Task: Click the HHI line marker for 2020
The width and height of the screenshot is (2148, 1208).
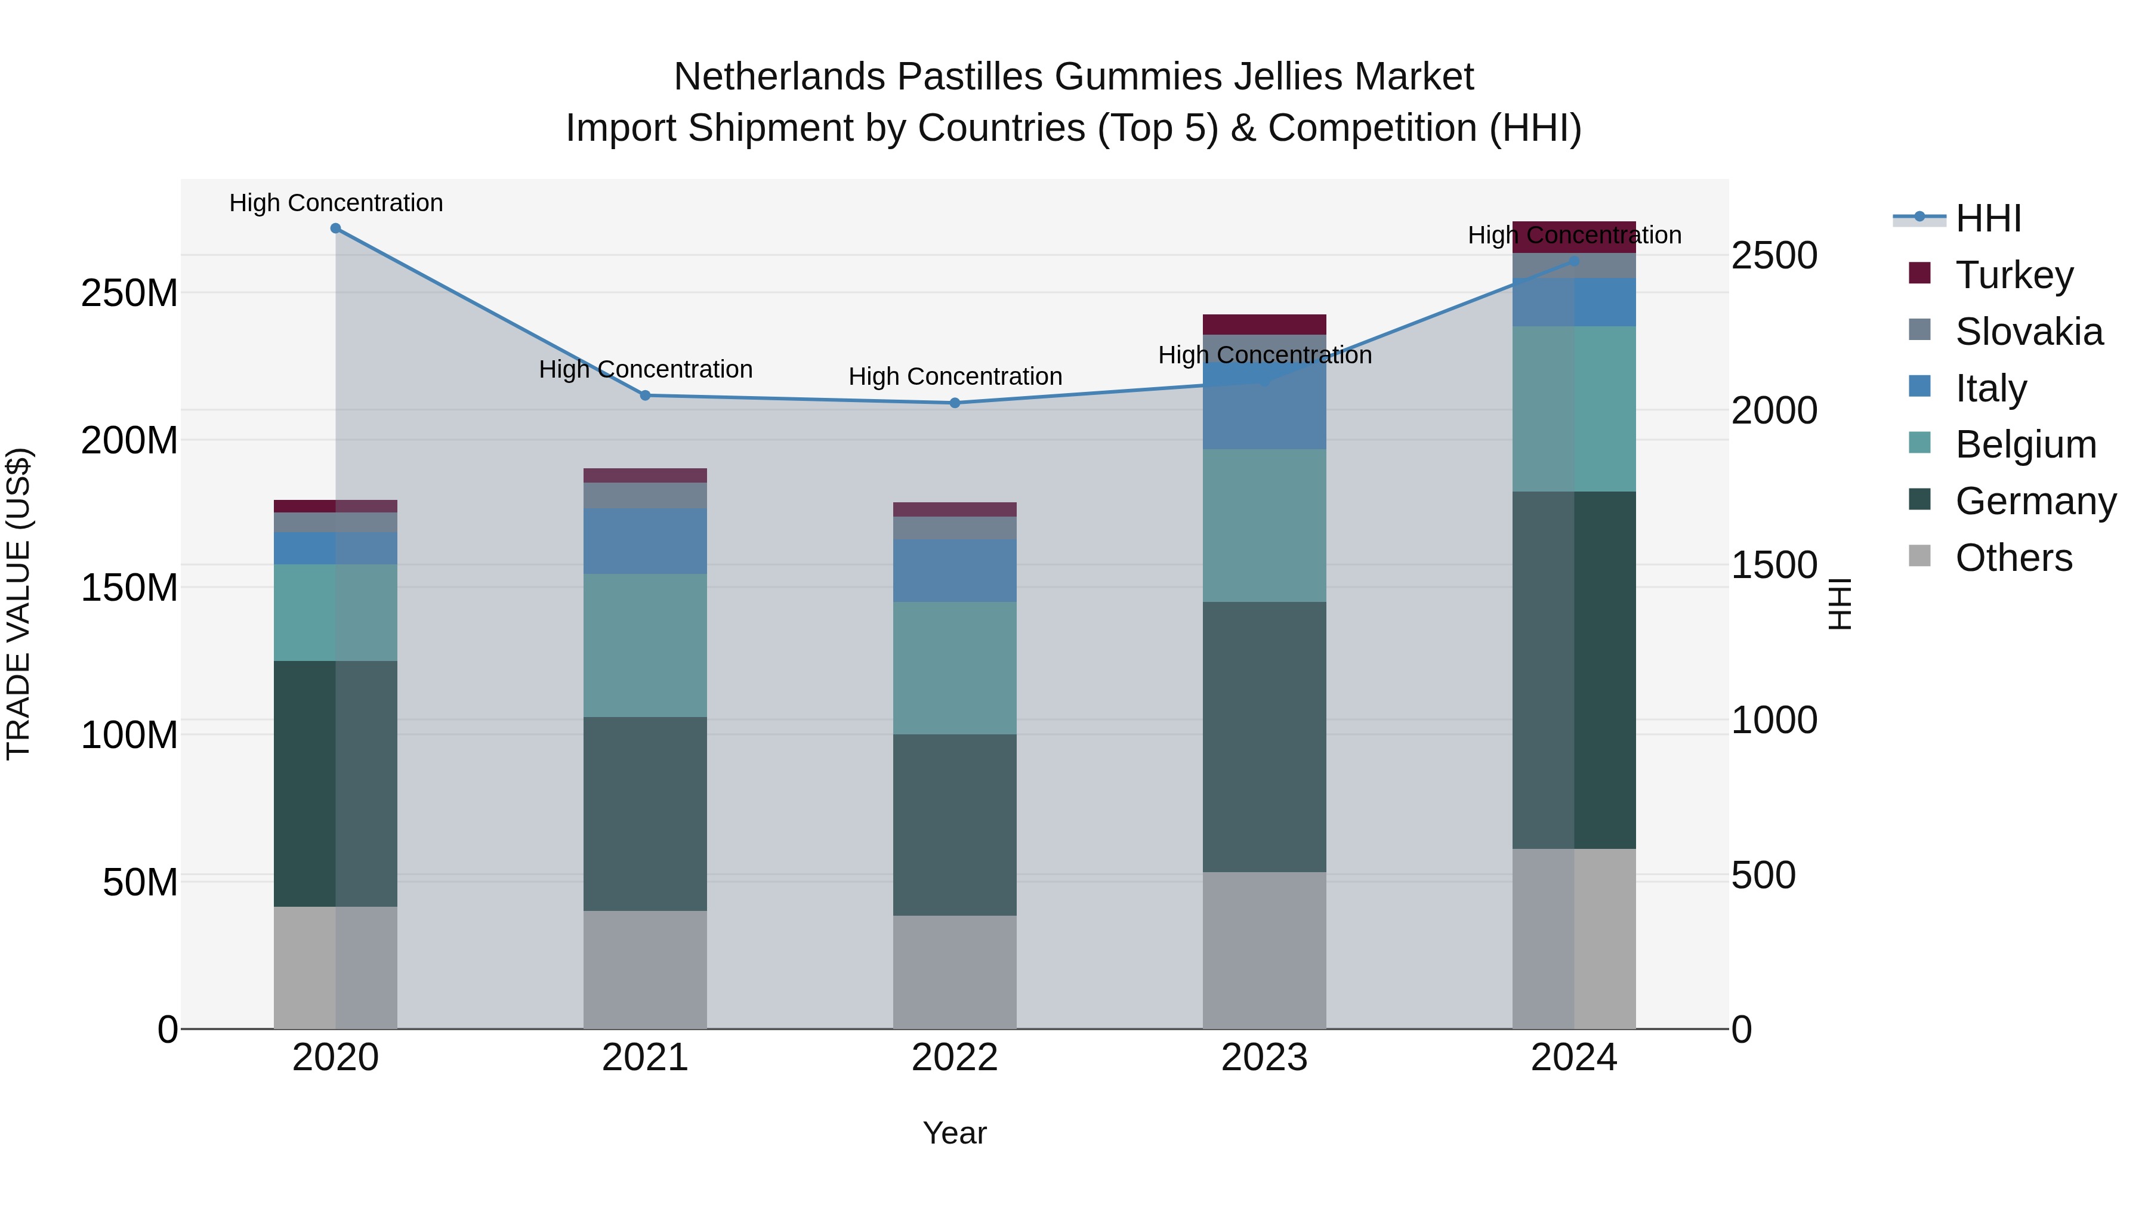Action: click(x=335, y=228)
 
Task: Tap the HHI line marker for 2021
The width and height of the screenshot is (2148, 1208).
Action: click(x=646, y=395)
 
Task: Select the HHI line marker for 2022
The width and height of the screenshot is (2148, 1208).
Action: click(x=955, y=403)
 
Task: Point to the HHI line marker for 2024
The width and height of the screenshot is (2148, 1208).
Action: click(x=1575, y=261)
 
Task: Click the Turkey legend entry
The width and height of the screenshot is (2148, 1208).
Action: click(x=2014, y=274)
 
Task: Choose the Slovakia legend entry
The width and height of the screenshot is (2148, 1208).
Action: click(x=2028, y=331)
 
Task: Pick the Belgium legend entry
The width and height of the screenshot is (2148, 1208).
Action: click(x=2024, y=444)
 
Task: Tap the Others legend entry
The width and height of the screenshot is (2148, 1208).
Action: click(x=2013, y=558)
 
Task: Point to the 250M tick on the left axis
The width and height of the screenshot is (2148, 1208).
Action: click(x=129, y=293)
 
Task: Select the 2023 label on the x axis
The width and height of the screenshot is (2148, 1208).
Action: click(x=1264, y=1058)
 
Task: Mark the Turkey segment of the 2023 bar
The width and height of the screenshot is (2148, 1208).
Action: click(x=1264, y=325)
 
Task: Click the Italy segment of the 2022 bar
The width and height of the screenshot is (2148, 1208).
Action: click(x=955, y=570)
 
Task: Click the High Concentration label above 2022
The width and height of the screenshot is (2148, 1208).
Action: click(x=955, y=377)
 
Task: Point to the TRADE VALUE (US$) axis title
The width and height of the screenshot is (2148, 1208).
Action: click(x=19, y=604)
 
